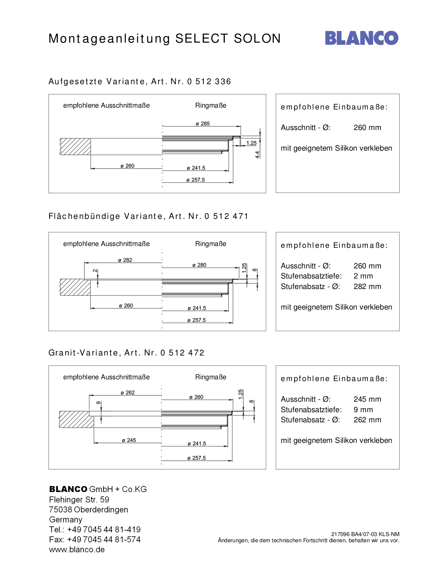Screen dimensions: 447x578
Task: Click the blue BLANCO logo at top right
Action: point(362,38)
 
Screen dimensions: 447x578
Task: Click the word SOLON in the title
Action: point(257,38)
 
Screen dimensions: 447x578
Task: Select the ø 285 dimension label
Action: point(203,124)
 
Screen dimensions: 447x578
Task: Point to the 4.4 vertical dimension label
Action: point(257,155)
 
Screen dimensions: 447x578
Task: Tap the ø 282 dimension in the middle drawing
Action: point(125,260)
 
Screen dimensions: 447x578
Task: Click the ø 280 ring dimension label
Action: point(199,265)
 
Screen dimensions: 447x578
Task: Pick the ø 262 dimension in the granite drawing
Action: point(128,393)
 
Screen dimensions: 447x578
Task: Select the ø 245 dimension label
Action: point(129,440)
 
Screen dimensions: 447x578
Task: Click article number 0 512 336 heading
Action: point(209,81)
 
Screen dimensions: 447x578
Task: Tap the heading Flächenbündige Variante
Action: point(105,216)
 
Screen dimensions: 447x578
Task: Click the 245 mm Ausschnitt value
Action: point(367,399)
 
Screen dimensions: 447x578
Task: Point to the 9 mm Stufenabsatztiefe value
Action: point(363,410)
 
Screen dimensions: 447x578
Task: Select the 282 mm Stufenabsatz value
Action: point(367,286)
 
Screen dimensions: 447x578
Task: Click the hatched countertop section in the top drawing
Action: point(75,147)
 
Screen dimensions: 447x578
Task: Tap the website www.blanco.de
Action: point(77,549)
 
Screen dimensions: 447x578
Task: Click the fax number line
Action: point(95,539)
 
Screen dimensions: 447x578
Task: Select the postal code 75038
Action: point(60,510)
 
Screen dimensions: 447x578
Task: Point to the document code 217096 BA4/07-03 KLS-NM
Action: point(365,534)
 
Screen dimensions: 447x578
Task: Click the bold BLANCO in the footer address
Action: point(68,489)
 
